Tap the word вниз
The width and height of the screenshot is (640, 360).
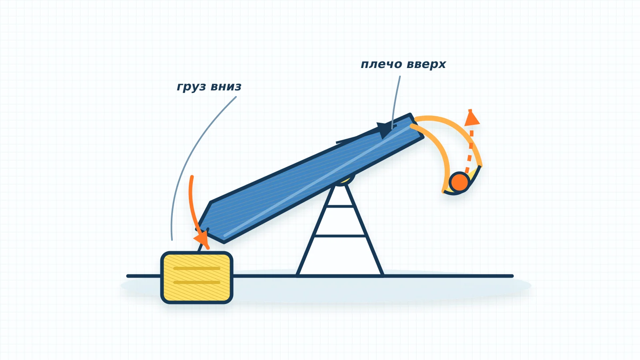tap(226, 86)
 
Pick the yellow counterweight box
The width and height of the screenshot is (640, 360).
tap(197, 278)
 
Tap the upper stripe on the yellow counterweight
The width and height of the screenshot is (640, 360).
tap(196, 268)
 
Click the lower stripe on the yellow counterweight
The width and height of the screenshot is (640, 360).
tap(196, 282)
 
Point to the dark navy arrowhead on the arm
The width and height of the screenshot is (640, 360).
tap(386, 130)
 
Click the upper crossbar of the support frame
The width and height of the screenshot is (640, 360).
tap(340, 206)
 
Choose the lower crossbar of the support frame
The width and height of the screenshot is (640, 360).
tap(340, 236)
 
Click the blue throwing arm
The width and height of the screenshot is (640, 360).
tap(310, 178)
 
